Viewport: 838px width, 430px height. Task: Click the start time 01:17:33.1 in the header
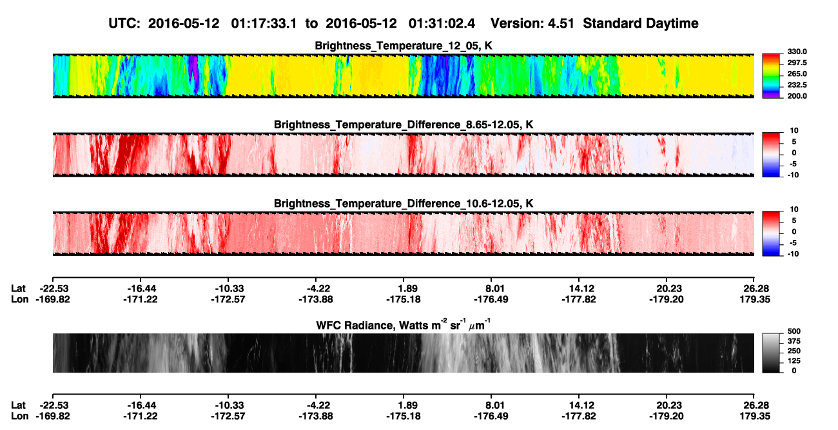264,24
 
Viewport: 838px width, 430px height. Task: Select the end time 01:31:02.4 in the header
442,24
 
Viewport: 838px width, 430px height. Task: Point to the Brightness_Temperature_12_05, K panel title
404,46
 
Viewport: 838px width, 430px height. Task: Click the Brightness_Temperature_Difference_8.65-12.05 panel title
404,124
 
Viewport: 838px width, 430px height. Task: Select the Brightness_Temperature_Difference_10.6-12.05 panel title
404,204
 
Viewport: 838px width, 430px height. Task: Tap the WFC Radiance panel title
404,325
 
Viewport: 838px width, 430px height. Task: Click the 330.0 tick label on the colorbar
797,52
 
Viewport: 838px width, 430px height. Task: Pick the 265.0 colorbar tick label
797,73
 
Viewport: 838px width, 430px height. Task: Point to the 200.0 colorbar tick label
797,96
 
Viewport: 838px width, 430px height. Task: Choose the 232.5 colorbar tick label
797,85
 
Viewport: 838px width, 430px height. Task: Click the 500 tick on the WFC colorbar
794,331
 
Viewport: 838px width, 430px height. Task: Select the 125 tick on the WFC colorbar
794,361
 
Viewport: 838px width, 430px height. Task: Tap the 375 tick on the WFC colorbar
794,341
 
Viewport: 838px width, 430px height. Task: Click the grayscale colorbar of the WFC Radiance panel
771,353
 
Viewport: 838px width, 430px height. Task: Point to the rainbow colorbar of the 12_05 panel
771,76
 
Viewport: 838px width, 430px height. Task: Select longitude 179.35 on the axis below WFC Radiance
755,416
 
